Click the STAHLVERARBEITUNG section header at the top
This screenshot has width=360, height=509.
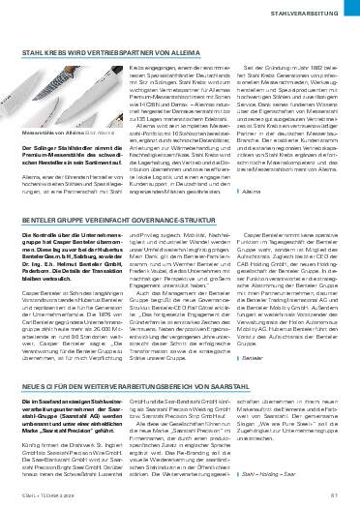click(x=310, y=14)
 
